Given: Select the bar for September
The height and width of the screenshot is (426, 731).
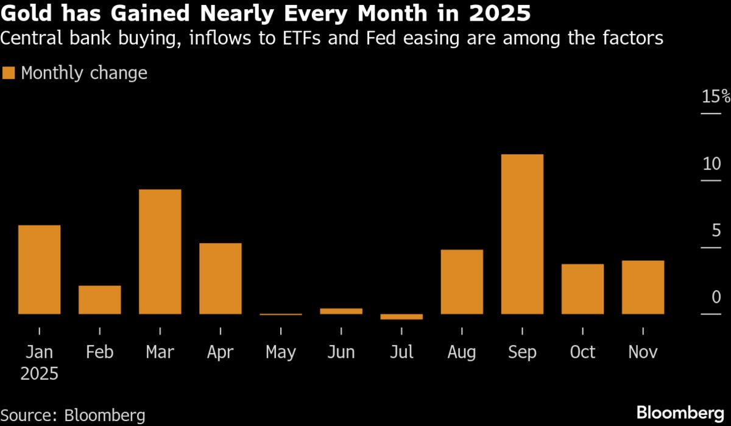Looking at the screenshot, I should pos(522,234).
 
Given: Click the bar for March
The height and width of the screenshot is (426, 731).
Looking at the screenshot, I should pos(160,252).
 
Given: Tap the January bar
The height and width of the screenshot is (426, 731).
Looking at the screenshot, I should pos(39,269).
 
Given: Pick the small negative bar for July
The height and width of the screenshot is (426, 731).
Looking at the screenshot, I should pos(401,317).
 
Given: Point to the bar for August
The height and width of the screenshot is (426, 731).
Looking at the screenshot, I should pos(462,282).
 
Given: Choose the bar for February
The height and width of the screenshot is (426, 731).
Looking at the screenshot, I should pos(100,300).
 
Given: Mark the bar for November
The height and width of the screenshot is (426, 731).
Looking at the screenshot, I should pos(643,287).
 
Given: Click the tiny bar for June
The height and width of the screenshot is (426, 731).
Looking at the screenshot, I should pos(341,311).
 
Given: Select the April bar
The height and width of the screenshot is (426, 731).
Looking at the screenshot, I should pos(221,279).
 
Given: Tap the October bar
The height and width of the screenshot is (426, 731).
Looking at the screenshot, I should pos(582,289).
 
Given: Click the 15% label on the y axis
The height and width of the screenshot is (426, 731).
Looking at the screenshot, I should pos(715,97).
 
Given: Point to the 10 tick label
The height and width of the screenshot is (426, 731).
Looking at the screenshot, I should pos(712,164).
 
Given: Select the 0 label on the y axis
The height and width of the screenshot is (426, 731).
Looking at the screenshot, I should pos(716,297).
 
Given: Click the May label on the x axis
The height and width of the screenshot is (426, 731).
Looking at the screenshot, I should pos(281,352).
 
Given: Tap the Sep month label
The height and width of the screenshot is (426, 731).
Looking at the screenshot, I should pos(522,352).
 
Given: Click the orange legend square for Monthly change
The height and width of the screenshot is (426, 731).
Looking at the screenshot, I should pos(9,73).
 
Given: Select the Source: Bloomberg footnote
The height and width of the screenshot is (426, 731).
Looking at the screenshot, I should pos(73,416).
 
